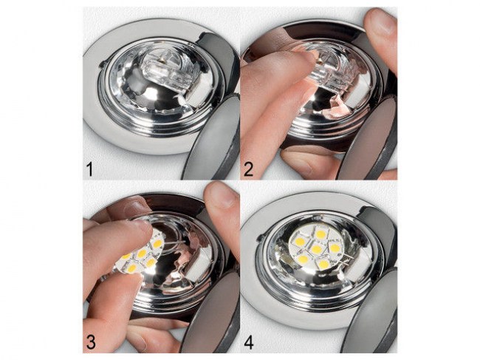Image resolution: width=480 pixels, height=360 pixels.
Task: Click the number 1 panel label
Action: [x=89, y=169]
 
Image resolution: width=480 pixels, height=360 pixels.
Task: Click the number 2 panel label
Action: [x=248, y=169]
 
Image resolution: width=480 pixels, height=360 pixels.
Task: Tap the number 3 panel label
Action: [x=91, y=342]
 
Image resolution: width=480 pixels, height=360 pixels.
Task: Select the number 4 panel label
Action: [x=249, y=342]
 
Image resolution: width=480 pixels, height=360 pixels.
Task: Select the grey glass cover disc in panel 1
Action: [x=214, y=138]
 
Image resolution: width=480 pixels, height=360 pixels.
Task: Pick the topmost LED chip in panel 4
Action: [x=320, y=234]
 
